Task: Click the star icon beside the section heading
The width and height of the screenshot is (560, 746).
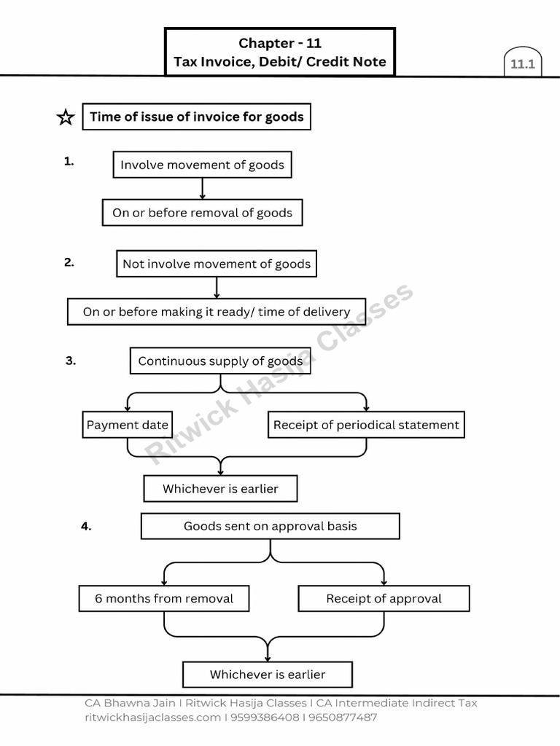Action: coord(66,117)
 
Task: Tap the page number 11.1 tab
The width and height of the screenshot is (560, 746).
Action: coord(522,62)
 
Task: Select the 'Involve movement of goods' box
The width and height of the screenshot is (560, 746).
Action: coord(203,165)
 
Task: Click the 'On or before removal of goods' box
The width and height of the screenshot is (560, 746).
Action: coord(203,213)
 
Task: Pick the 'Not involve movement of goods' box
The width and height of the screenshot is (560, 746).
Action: coord(217,264)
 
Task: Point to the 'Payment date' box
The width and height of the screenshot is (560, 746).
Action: coord(127,425)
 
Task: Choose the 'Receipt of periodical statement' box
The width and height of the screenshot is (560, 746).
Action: coord(366,425)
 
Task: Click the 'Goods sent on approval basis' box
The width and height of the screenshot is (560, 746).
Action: coord(271,526)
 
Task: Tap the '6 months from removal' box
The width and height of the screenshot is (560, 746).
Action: coord(164,599)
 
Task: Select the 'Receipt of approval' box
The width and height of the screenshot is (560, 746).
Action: coord(384,599)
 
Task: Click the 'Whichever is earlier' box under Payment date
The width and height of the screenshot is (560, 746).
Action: coord(220,489)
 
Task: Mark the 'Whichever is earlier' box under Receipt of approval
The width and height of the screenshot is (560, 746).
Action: coord(268,674)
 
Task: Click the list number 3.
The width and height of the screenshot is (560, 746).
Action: coord(71,361)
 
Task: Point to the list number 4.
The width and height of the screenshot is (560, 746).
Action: coord(86,526)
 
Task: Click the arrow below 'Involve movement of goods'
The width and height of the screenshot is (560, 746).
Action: coord(203,189)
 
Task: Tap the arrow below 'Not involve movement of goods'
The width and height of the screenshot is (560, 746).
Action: coord(217,288)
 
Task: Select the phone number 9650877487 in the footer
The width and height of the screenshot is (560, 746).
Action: coord(343,717)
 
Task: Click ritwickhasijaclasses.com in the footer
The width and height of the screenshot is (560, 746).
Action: coord(153,717)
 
